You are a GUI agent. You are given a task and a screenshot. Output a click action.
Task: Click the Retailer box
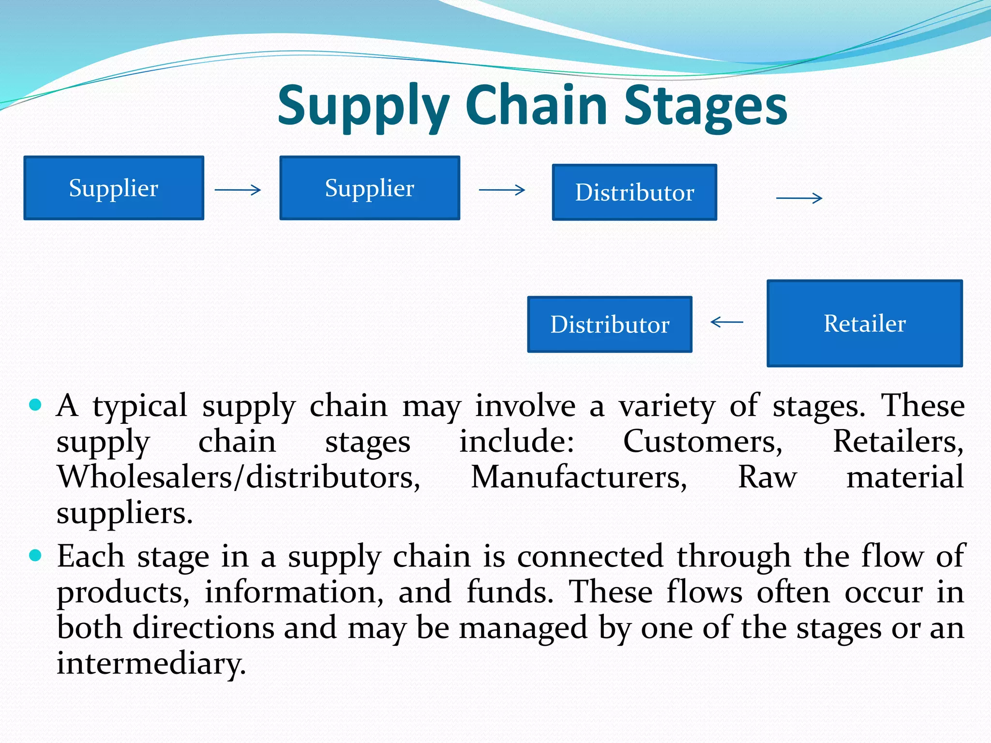[x=865, y=323]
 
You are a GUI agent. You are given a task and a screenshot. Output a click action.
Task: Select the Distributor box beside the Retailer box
[x=610, y=324]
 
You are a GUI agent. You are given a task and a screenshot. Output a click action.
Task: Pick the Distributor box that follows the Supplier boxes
[x=634, y=192]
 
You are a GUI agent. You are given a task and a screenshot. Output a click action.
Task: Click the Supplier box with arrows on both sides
[x=370, y=188]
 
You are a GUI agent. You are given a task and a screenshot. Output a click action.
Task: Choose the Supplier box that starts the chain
[x=114, y=188]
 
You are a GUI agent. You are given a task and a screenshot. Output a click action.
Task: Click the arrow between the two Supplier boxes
[x=238, y=190]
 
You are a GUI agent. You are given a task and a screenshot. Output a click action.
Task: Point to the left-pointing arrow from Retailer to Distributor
[x=727, y=322]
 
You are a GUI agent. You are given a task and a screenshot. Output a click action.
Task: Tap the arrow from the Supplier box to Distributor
[x=502, y=190]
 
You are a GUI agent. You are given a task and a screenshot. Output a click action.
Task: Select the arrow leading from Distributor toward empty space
[x=799, y=198]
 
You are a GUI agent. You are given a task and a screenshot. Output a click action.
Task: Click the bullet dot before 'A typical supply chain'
[x=35, y=404]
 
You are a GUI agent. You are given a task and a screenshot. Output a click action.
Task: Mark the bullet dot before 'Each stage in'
[x=35, y=555]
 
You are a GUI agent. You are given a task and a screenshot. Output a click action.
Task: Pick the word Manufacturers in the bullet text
[x=579, y=477]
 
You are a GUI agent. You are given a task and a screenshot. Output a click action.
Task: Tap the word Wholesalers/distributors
[x=239, y=477]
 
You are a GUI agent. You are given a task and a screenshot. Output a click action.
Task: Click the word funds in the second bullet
[x=510, y=592]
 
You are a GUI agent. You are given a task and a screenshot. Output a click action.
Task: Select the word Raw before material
[x=767, y=477]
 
